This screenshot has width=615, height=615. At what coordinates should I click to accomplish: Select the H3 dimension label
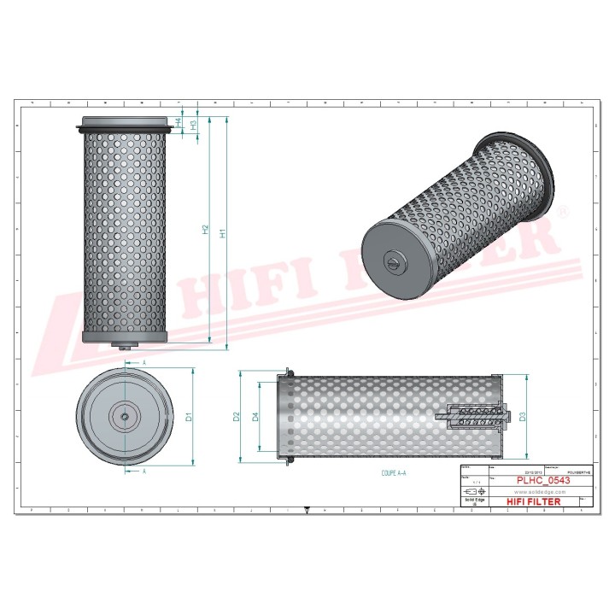point(194,125)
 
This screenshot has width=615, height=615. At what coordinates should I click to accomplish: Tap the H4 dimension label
point(178,123)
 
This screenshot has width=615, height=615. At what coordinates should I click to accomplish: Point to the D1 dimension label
point(189,417)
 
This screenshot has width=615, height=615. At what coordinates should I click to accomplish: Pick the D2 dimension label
point(236,417)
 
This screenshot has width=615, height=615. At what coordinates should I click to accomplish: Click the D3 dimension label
point(522,417)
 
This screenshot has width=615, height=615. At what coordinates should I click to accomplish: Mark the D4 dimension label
point(255,417)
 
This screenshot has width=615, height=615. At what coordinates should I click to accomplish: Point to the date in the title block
point(507,471)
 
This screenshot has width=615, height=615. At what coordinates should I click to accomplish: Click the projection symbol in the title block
point(471,493)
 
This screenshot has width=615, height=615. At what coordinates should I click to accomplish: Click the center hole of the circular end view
point(126,417)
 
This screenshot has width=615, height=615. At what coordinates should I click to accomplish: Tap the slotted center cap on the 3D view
point(393,261)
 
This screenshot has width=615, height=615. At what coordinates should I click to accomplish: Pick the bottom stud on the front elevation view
point(126,345)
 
